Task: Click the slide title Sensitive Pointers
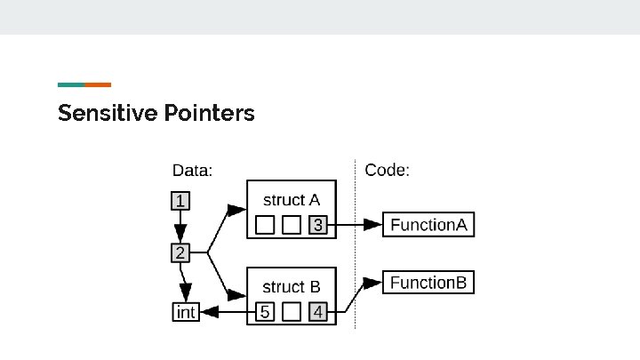[156, 114]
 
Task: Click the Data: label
[191, 170]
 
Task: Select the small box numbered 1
[180, 201]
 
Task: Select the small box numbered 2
[180, 253]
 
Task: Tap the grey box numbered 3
[318, 225]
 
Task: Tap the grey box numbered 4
[318, 312]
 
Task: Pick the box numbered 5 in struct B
[265, 312]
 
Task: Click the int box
[185, 312]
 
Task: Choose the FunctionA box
[428, 225]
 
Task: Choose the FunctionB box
[428, 284]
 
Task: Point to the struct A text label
[291, 200]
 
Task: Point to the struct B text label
[291, 287]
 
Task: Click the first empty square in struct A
[265, 225]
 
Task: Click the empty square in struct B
[292, 312]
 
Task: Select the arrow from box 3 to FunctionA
[356, 225]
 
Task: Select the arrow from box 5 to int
[227, 312]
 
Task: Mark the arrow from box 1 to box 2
[180, 228]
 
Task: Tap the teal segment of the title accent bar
[71, 84]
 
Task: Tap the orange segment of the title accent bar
[98, 84]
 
